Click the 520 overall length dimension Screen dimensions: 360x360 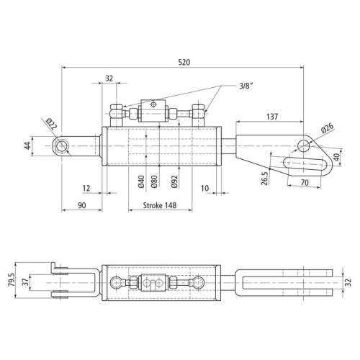(184, 62)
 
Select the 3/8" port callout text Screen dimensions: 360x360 (246, 86)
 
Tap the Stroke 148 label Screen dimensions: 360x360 (160, 205)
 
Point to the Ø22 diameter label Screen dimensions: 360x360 (51, 124)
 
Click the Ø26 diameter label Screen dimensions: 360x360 (328, 128)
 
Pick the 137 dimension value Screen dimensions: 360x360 (272, 117)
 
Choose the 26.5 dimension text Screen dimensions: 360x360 (264, 179)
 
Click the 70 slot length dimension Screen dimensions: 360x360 (305, 183)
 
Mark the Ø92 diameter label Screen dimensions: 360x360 (174, 181)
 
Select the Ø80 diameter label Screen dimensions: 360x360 (154, 181)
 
